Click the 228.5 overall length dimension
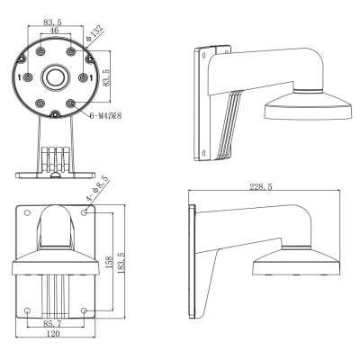tap(261, 186)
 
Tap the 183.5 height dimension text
tap(121, 263)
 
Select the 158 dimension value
tap(109, 262)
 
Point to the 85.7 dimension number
tap(52, 323)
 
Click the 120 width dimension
tap(53, 333)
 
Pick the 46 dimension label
tap(54, 30)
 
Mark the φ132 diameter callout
tap(94, 34)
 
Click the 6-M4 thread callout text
tap(105, 115)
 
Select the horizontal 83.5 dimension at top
tap(52, 22)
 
